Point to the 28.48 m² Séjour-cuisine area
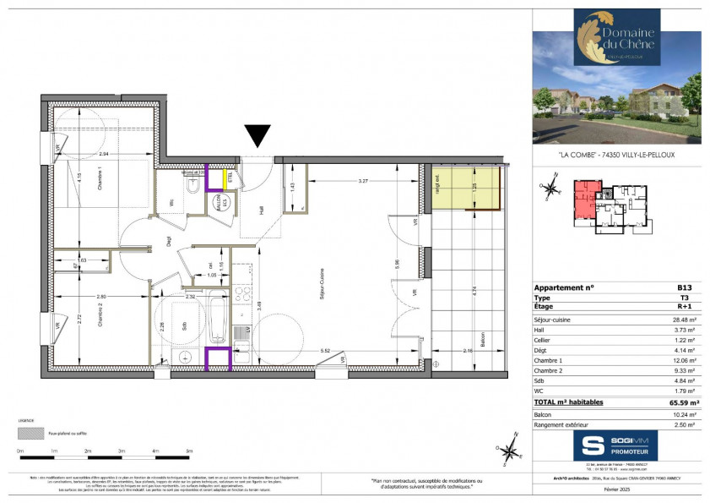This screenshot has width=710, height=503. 684,321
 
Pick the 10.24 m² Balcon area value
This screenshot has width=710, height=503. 684,415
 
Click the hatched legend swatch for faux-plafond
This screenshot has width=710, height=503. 31,433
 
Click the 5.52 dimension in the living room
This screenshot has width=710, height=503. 324,351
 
